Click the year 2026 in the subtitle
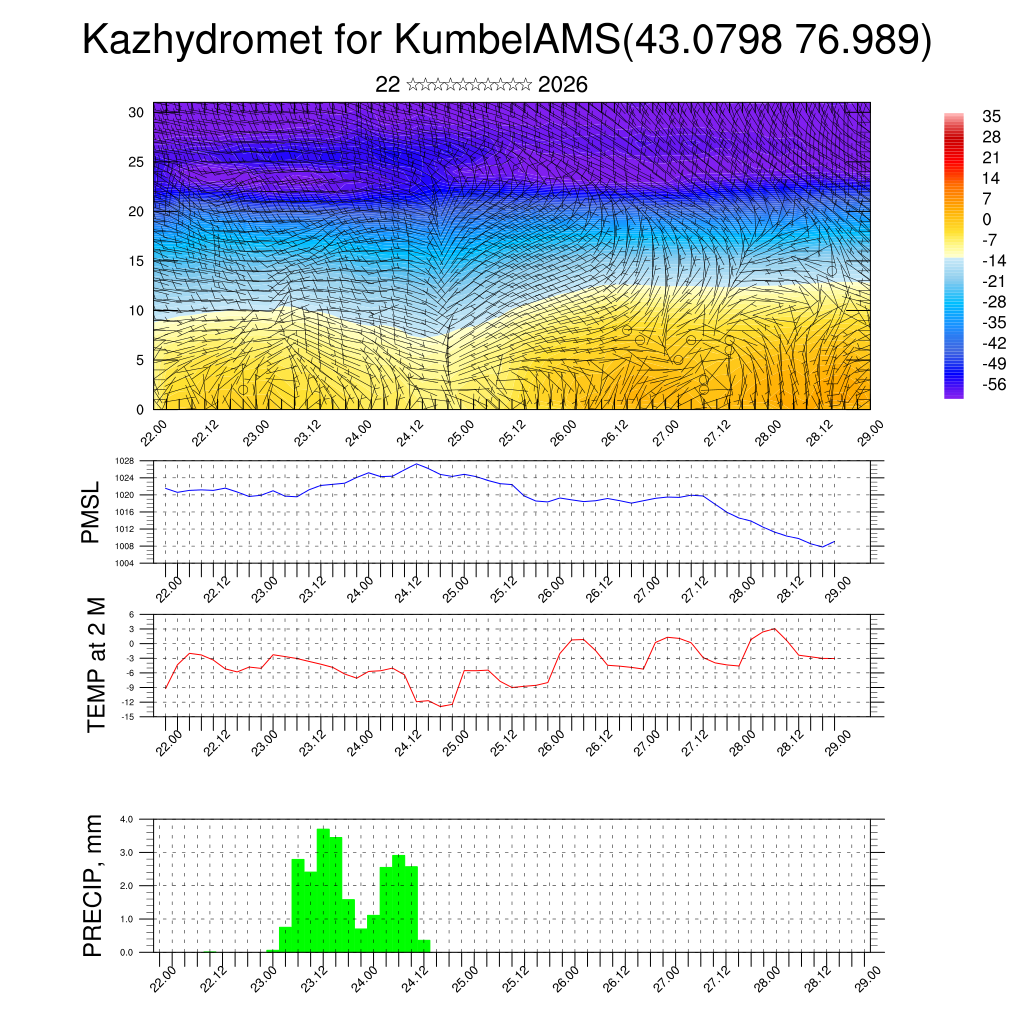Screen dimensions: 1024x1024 (562, 85)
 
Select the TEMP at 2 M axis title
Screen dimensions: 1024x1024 (96, 664)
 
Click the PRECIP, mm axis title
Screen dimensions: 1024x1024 (93, 885)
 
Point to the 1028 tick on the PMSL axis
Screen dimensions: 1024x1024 (124, 461)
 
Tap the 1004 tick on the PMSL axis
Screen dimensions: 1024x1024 (124, 563)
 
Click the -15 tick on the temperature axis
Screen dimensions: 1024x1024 (127, 717)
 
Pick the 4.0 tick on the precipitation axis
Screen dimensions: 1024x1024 (126, 819)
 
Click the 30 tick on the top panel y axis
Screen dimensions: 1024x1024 (136, 112)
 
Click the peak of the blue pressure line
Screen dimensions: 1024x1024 (417, 464)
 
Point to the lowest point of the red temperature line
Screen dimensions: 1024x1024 (441, 706)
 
